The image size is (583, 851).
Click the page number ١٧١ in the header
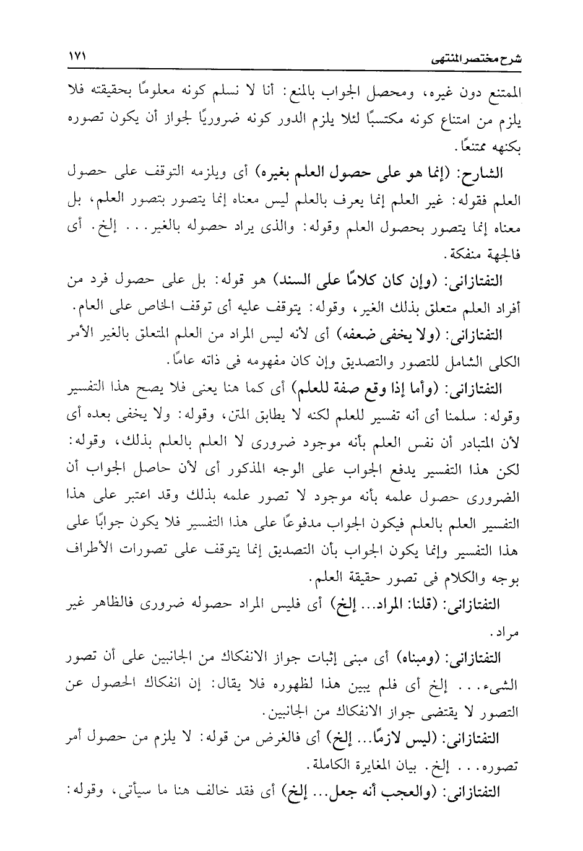point(76,55)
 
